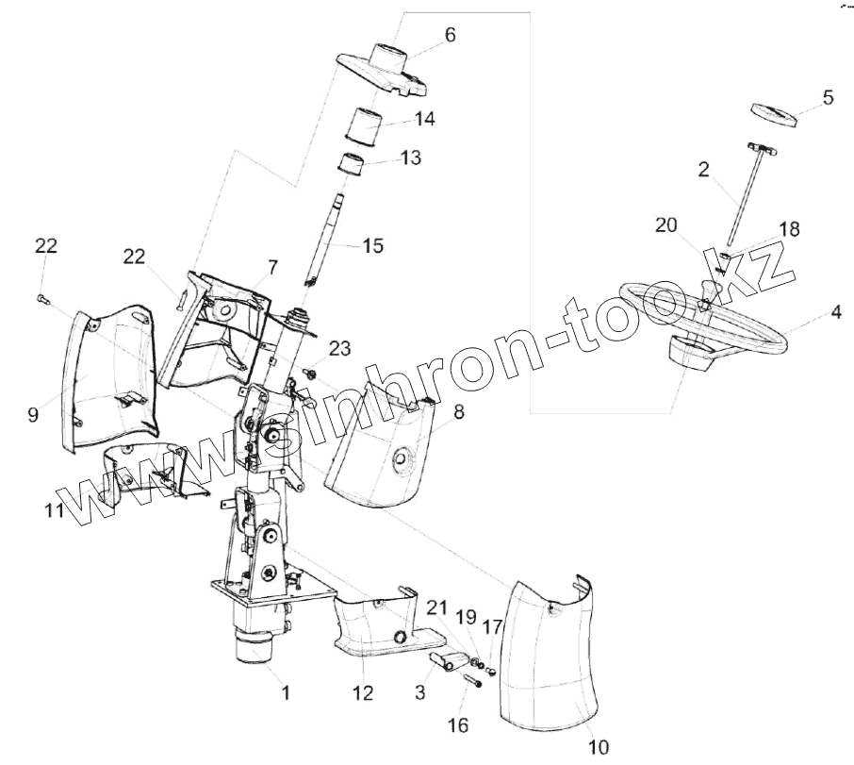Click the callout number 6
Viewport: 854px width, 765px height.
[x=450, y=35]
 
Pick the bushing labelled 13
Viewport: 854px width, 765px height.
[x=353, y=166]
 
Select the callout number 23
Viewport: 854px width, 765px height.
[x=339, y=349]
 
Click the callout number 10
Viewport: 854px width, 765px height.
[x=599, y=748]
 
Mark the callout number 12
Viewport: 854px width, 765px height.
[x=363, y=693]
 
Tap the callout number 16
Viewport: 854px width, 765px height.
[x=457, y=724]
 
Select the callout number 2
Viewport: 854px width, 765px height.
[x=703, y=171]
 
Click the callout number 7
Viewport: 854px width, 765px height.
[x=271, y=268]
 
